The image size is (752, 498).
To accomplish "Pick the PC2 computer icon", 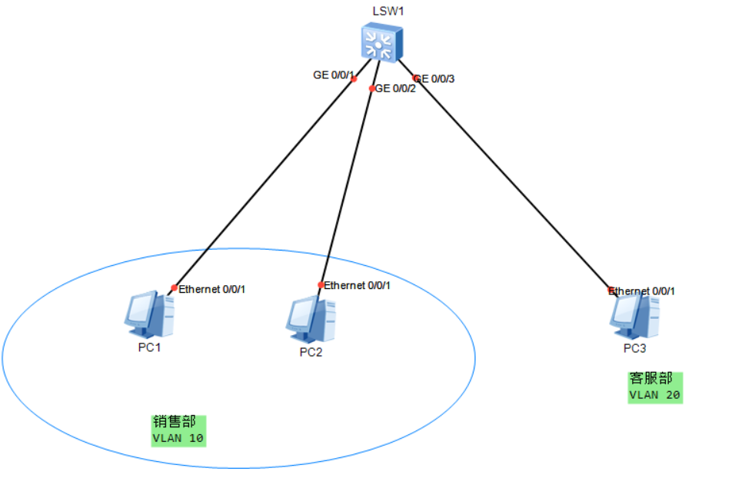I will (311, 320).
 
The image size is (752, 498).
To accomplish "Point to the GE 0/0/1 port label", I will (333, 75).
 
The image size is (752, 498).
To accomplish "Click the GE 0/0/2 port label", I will (395, 88).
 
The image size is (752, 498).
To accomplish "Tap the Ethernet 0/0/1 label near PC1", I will (211, 290).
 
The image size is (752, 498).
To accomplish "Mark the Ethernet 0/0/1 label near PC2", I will (357, 286).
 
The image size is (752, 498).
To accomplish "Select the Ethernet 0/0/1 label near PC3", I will (643, 291).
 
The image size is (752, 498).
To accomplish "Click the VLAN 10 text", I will (178, 439).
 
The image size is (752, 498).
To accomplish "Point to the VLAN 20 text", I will (654, 395).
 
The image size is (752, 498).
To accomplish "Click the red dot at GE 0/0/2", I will (372, 88).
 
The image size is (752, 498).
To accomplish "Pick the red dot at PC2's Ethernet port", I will (321, 285).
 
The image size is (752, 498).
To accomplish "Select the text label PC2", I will (311, 353).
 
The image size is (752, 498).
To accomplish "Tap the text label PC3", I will (635, 349).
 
